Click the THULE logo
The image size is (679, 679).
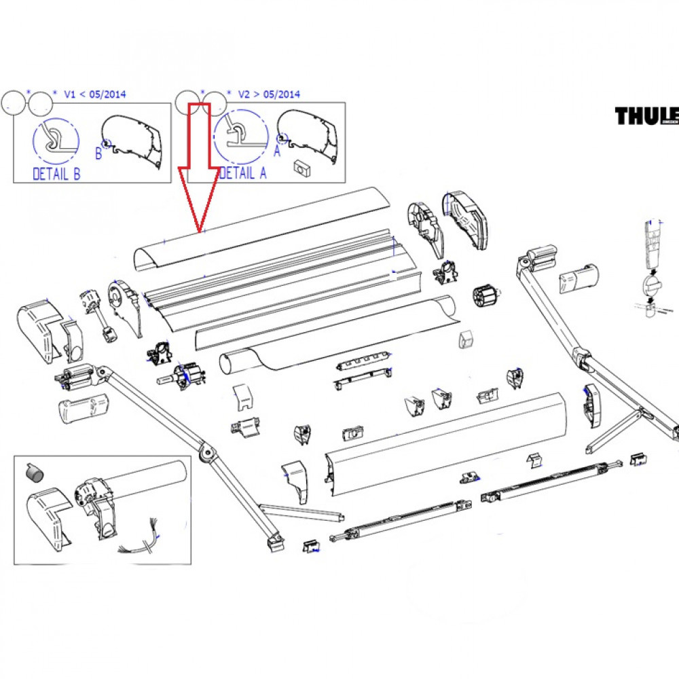(647, 116)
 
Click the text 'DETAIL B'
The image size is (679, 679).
(56, 175)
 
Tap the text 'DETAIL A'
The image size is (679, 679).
(243, 173)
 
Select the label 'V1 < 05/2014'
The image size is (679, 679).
(94, 95)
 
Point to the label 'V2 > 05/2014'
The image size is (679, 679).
(269, 95)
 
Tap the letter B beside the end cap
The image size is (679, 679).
(98, 153)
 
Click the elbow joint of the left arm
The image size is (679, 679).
(204, 452)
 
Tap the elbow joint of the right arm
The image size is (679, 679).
(581, 357)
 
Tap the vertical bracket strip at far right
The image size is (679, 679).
(653, 244)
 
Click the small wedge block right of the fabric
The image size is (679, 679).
(466, 339)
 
